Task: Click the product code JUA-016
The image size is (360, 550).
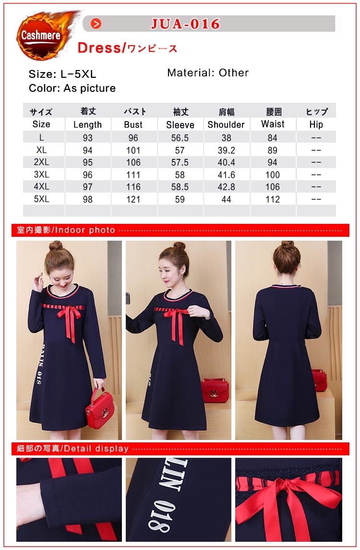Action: pyautogui.click(x=185, y=24)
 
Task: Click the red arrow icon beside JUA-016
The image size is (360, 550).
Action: pyautogui.click(x=96, y=24)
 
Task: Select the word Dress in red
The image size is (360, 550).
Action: pyautogui.click(x=99, y=48)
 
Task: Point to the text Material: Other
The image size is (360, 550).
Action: pyautogui.click(x=208, y=73)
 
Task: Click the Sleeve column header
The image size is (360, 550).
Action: pyautogui.click(x=180, y=125)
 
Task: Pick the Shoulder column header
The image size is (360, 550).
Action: pyautogui.click(x=226, y=124)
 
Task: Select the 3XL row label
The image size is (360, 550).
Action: pyautogui.click(x=41, y=174)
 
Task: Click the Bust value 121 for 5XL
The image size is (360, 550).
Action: pyautogui.click(x=133, y=199)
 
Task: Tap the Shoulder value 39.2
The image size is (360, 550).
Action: pyautogui.click(x=227, y=150)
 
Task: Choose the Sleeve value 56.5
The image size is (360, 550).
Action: pyautogui.click(x=180, y=138)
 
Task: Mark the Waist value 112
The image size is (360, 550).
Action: pyautogui.click(x=273, y=199)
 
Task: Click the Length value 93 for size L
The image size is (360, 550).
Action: pyautogui.click(x=88, y=138)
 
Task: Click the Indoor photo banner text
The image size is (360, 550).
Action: pyautogui.click(x=66, y=230)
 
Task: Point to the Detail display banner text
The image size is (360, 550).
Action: pyautogui.click(x=72, y=449)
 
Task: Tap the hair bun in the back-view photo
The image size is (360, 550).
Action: pyautogui.click(x=288, y=244)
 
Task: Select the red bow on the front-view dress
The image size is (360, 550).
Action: pyautogui.click(x=69, y=320)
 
